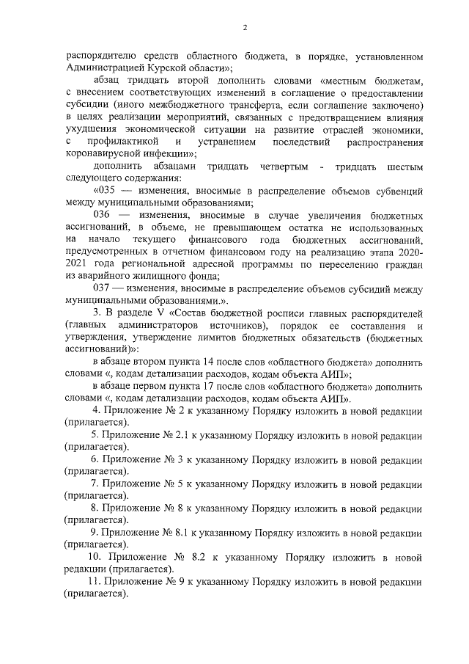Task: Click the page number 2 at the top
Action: [245, 27]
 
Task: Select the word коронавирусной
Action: [102, 153]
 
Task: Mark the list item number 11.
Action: [93, 581]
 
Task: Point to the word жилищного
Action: [161, 276]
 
